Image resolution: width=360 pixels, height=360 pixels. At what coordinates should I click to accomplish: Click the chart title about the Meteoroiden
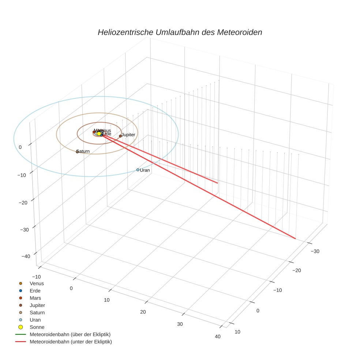click(180, 32)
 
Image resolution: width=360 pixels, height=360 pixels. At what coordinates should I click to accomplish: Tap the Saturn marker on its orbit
click(77, 151)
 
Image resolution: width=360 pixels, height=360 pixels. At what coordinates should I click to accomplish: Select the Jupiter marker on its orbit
click(120, 136)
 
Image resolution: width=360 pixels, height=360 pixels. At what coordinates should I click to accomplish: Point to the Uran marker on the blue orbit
click(138, 170)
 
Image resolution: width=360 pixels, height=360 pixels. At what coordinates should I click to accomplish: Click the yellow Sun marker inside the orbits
click(99, 134)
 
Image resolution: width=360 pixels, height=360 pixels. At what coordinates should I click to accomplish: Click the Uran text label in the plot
click(145, 170)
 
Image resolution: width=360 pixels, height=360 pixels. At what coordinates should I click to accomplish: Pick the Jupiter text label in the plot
click(128, 135)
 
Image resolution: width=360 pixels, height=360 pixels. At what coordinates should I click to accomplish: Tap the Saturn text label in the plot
click(83, 151)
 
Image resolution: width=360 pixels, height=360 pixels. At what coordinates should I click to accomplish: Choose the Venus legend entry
click(37, 283)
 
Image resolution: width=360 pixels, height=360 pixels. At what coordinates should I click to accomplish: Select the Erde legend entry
click(35, 290)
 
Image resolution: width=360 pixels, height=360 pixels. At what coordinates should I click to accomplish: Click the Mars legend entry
click(35, 298)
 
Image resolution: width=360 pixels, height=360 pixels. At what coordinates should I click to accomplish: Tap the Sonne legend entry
click(37, 327)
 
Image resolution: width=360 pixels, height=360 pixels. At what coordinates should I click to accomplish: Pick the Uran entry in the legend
click(35, 320)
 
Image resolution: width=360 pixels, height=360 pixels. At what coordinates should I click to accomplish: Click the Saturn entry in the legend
click(37, 312)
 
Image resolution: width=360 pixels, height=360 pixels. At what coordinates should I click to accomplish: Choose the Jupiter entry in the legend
click(37, 305)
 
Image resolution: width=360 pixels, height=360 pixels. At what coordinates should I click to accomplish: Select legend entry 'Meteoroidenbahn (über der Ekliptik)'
click(70, 334)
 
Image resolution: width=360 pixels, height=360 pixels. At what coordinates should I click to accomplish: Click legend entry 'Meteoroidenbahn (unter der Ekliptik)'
click(71, 342)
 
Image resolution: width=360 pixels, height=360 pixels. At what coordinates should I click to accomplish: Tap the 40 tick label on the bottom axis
click(218, 337)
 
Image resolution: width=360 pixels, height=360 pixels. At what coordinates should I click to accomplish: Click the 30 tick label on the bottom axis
click(180, 324)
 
